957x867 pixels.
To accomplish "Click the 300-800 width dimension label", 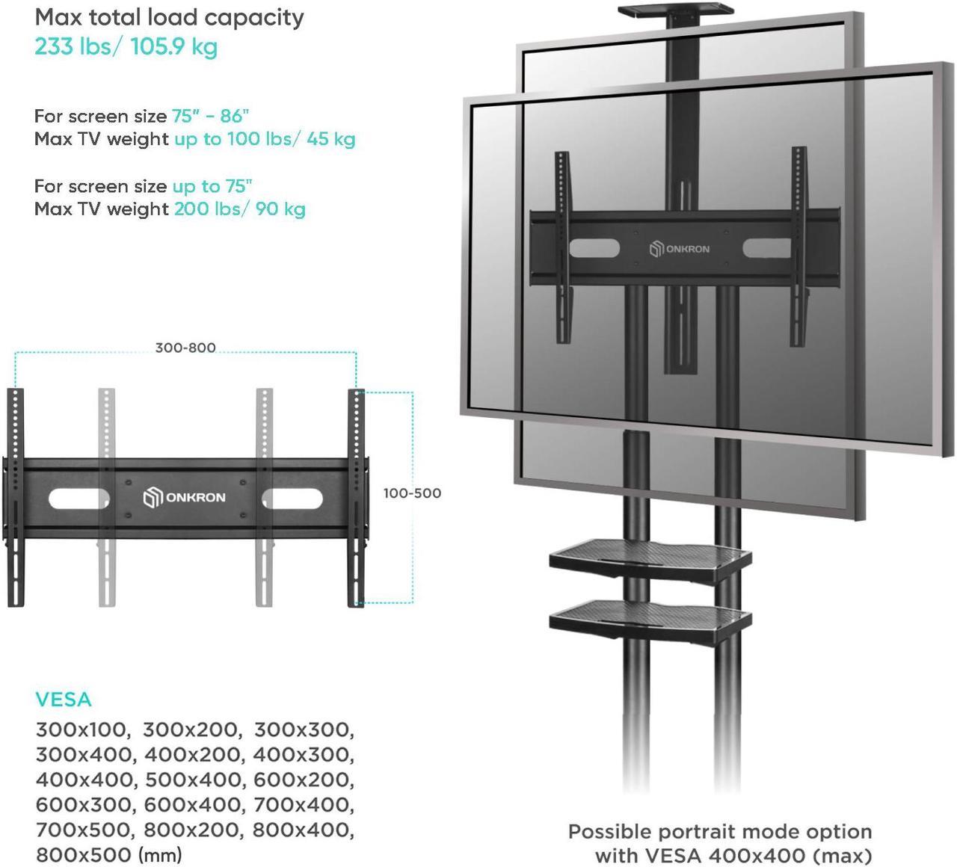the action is pos(185,348).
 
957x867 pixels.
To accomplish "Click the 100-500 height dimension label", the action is pos(412,493).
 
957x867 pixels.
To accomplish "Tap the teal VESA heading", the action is pos(64,700).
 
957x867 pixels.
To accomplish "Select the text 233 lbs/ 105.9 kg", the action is pos(126,47).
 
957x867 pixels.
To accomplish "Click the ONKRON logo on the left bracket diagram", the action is pos(184,498).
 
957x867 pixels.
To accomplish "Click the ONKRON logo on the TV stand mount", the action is pos(680,249).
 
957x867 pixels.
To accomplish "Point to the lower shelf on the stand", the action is pos(650,620).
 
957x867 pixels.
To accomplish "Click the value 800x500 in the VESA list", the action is pos(84,854).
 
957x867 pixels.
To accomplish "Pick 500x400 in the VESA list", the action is pos(193,780).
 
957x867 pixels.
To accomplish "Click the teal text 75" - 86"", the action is pos(210,116).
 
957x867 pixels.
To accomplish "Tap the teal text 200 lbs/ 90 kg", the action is pos(240,209).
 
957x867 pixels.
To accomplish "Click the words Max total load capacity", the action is pos(170,18).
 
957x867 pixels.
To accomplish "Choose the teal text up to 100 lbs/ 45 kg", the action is pos(265,139).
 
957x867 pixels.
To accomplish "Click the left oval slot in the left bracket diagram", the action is pos(79,499).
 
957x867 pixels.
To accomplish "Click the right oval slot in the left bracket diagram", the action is pos(292,499).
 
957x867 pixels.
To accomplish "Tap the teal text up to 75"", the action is pos(212,186).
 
